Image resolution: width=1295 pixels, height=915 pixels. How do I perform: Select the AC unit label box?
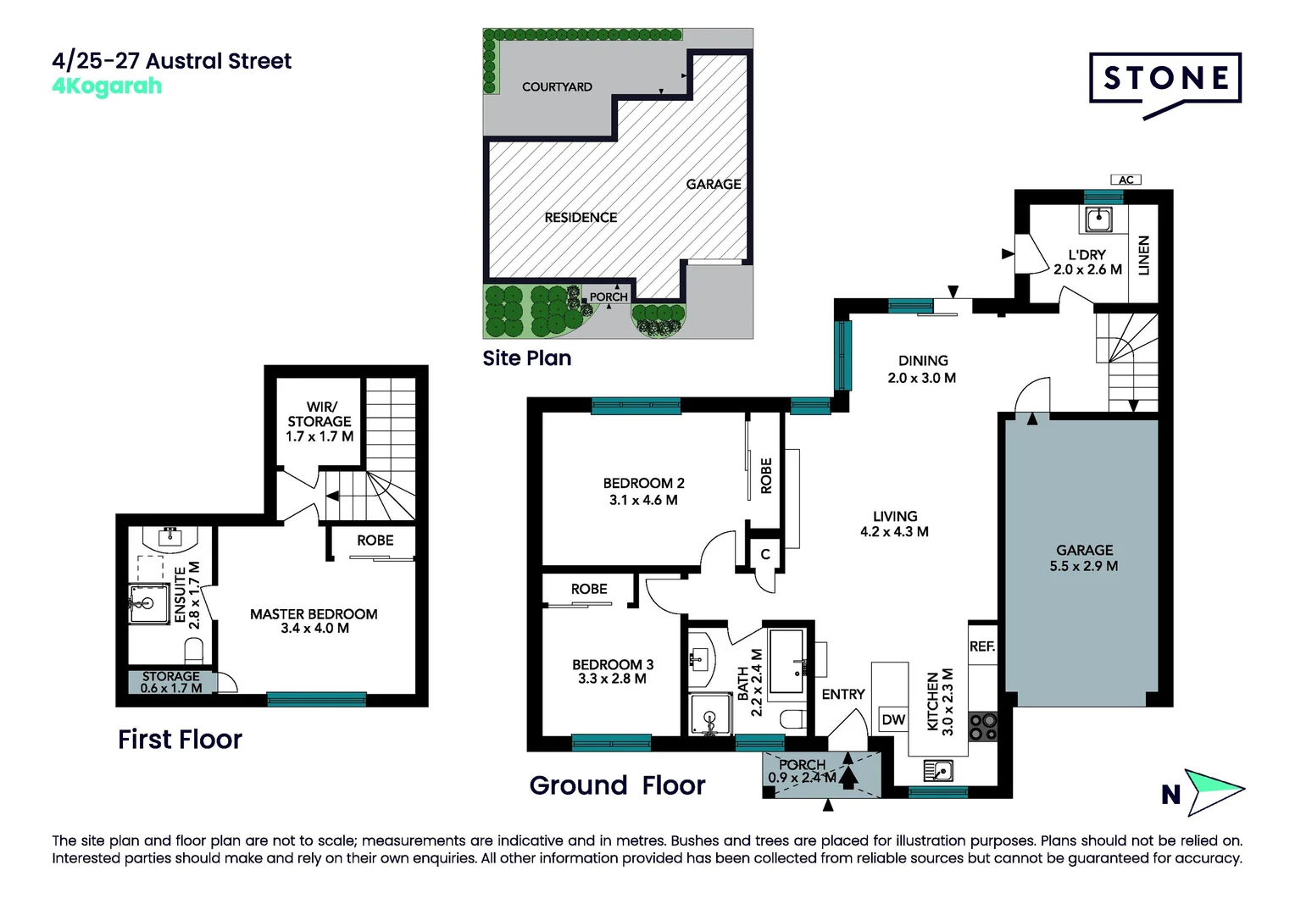(x=1125, y=180)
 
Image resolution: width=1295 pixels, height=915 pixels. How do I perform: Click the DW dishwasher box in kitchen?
(x=893, y=720)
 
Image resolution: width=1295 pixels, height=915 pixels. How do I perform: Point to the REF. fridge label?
(x=982, y=646)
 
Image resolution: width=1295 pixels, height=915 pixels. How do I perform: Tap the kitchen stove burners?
(x=982, y=726)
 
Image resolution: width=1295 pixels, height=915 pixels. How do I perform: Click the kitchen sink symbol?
(x=938, y=771)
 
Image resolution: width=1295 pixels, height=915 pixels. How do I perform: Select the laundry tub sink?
(x=1098, y=219)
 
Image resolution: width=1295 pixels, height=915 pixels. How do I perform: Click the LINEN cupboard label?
(x=1143, y=255)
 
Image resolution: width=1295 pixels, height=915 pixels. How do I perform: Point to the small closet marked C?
(x=765, y=554)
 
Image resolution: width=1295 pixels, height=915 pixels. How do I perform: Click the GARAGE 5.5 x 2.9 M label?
(x=1084, y=558)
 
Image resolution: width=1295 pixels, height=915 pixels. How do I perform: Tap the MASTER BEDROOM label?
(x=314, y=621)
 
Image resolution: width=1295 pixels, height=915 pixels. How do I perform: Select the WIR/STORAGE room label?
(x=320, y=421)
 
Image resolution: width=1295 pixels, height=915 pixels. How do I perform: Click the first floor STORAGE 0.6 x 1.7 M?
(x=171, y=682)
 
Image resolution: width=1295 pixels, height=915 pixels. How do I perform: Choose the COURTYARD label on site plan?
(x=557, y=86)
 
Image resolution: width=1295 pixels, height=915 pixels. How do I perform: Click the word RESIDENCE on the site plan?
(x=581, y=218)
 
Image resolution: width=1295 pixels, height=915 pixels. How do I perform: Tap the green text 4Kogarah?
(x=107, y=86)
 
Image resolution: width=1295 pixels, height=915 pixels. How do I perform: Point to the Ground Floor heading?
(x=617, y=785)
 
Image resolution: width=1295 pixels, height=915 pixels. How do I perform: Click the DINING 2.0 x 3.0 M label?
(x=922, y=369)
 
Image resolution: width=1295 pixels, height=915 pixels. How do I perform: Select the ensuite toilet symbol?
(x=194, y=651)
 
